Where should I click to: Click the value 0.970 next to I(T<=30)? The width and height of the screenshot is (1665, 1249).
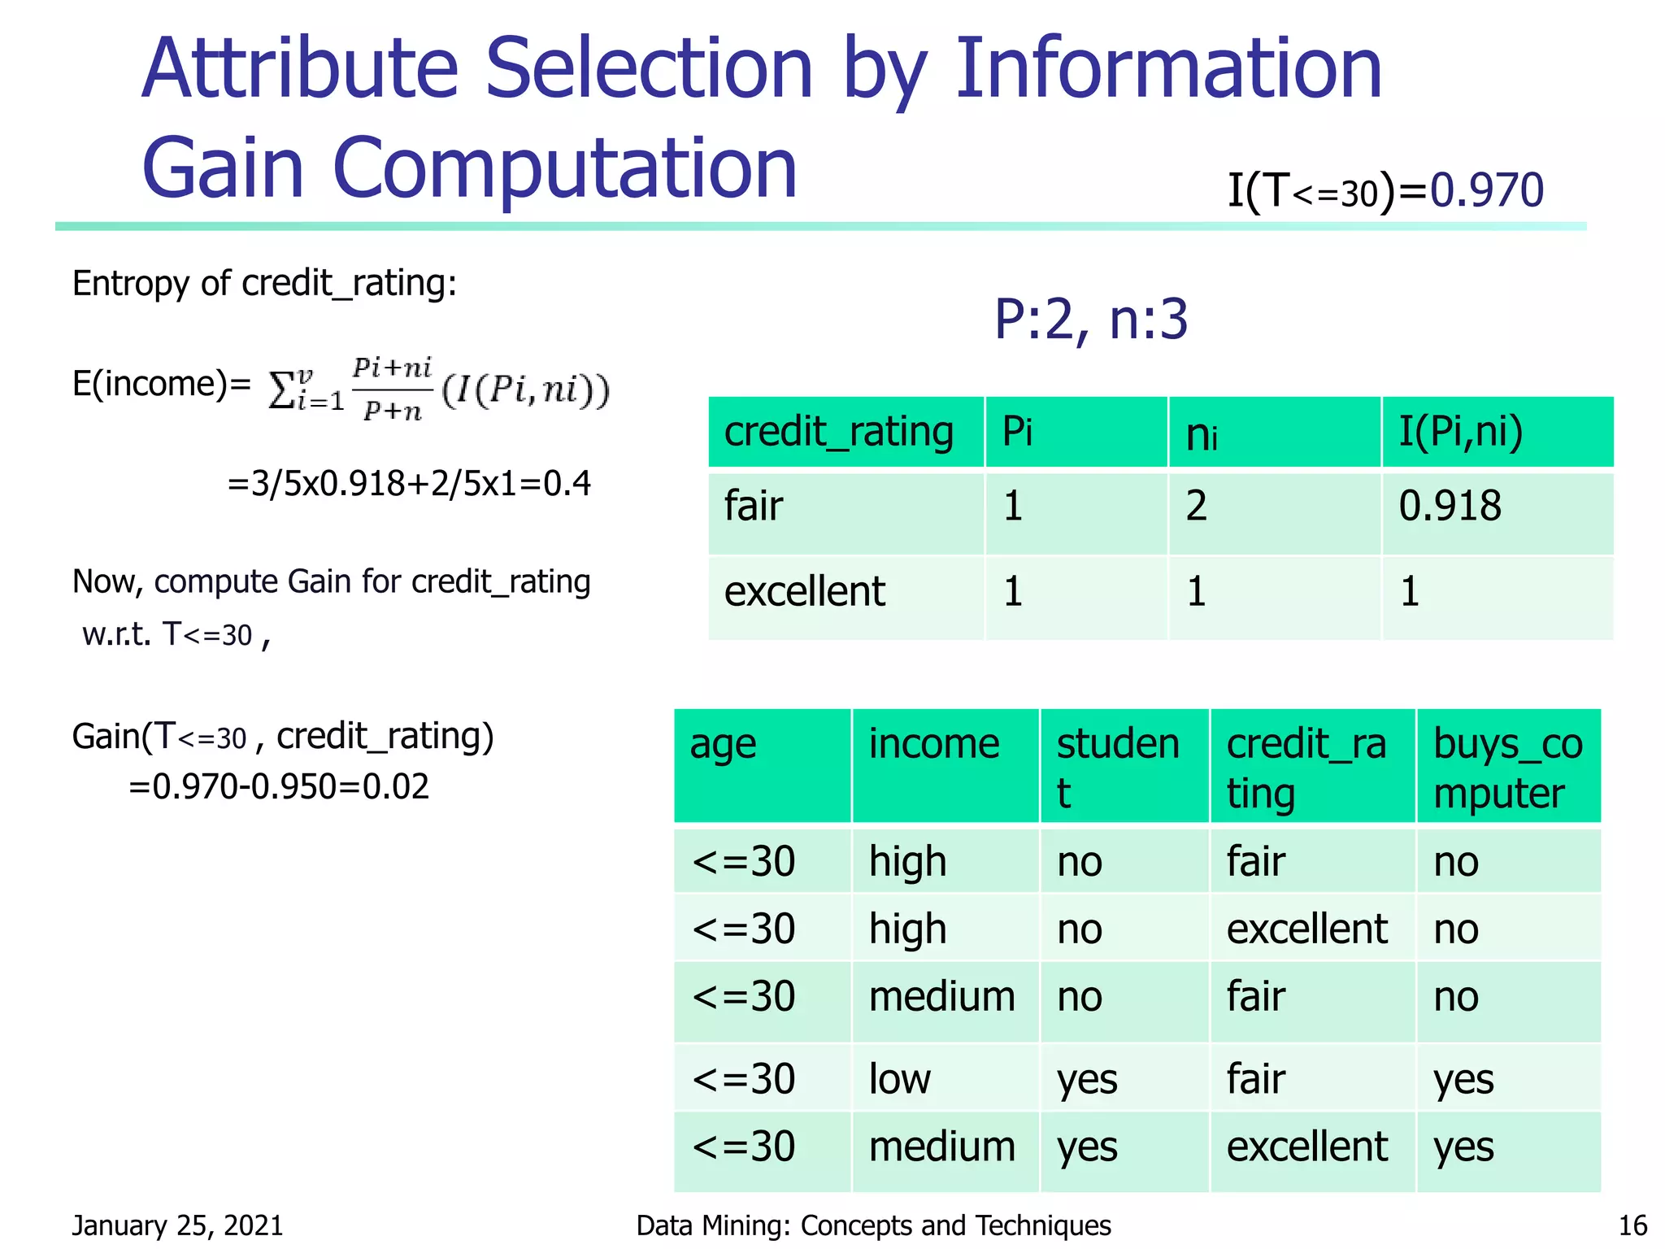pyautogui.click(x=1486, y=191)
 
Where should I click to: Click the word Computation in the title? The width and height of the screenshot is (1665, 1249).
pyautogui.click(x=565, y=168)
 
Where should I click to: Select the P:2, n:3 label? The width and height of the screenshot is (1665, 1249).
pyautogui.click(x=1091, y=320)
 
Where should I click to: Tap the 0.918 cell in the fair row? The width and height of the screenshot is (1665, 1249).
pyautogui.click(x=1450, y=506)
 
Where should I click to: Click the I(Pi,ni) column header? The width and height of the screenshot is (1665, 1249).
pyautogui.click(x=1460, y=431)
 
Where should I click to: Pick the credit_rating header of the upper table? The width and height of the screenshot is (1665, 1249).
pyautogui.click(x=838, y=431)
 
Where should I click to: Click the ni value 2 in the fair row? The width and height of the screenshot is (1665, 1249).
pyautogui.click(x=1196, y=506)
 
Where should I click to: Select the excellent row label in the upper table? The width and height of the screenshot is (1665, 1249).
pyautogui.click(x=804, y=591)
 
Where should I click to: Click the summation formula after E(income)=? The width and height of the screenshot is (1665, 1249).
pyautogui.click(x=439, y=389)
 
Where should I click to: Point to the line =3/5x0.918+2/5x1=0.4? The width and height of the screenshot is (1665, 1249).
pyautogui.click(x=409, y=484)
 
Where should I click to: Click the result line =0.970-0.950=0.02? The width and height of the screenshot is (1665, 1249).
pyautogui.click(x=278, y=786)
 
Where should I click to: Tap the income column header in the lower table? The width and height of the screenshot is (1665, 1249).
pyautogui.click(x=933, y=744)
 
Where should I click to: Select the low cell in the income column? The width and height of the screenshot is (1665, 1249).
pyautogui.click(x=899, y=1079)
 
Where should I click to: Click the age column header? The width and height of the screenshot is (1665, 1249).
pyautogui.click(x=723, y=744)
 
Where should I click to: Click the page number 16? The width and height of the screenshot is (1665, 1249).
pyautogui.click(x=1632, y=1225)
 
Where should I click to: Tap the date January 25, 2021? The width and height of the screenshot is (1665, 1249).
pyautogui.click(x=177, y=1225)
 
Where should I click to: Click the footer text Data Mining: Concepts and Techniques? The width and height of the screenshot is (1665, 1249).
pyautogui.click(x=873, y=1225)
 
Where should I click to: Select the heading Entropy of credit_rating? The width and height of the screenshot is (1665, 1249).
pyautogui.click(x=264, y=284)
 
